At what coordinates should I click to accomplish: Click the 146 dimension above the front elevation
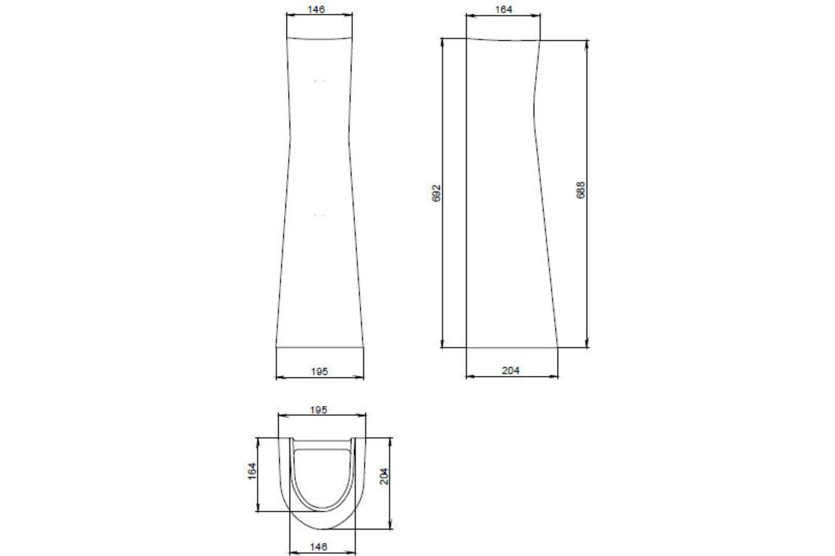(316, 9)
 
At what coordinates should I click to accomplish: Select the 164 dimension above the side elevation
(504, 10)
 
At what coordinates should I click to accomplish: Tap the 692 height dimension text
(436, 193)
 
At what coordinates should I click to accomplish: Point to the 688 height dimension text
(581, 190)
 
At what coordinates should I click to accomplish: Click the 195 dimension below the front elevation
(319, 371)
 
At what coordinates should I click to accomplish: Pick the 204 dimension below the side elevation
(511, 370)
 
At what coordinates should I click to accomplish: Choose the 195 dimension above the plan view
(319, 410)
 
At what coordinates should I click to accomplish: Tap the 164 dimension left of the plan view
(253, 471)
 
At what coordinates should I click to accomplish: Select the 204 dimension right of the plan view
(384, 476)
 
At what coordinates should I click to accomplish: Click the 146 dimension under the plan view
(319, 547)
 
